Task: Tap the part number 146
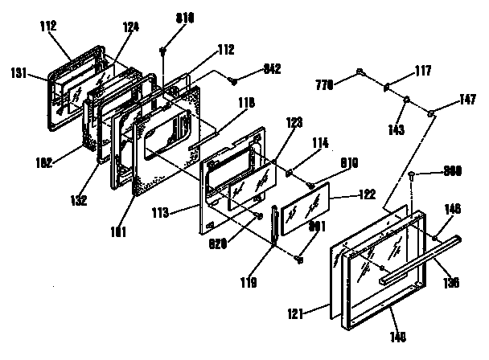point(453,208)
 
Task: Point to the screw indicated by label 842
point(232,80)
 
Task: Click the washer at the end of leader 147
point(432,112)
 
